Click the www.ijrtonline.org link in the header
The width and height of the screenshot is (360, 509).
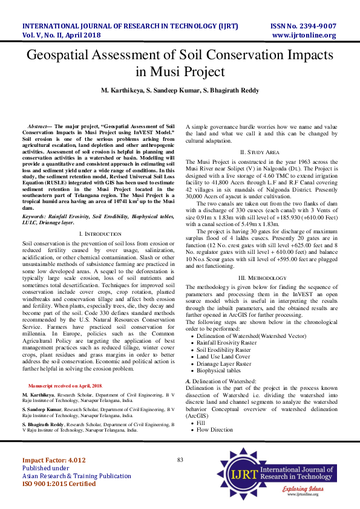click(x=304, y=35)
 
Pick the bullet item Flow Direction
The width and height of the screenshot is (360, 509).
click(x=215, y=430)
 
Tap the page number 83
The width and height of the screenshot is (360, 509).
click(x=180, y=460)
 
